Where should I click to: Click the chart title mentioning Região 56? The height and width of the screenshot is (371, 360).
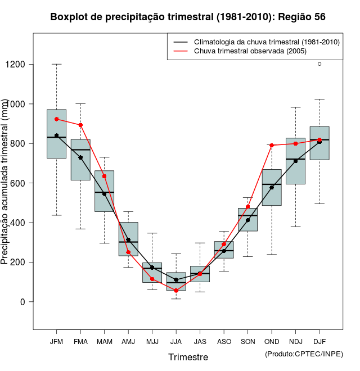(187, 17)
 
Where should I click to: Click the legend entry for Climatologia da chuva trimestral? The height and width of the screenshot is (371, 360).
(266, 42)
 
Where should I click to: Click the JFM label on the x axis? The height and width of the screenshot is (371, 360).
(56, 341)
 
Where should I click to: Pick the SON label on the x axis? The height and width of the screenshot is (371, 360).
(247, 341)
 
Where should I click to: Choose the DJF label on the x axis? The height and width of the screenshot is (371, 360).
(319, 341)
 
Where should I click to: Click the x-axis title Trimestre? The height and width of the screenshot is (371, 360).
(188, 357)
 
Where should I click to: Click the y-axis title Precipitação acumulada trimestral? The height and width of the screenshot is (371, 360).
(6, 183)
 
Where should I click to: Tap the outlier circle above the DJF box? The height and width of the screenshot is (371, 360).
(319, 64)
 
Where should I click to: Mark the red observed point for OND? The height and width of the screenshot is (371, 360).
(272, 145)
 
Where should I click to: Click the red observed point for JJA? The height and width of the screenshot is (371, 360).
(176, 291)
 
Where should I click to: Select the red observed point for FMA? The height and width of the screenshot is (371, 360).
(80, 125)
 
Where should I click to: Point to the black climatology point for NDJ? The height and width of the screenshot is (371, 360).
(295, 161)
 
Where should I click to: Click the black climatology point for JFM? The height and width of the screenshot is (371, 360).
(56, 135)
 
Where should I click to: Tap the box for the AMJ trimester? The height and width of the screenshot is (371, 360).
(128, 239)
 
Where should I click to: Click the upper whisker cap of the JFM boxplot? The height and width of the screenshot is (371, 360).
(56, 64)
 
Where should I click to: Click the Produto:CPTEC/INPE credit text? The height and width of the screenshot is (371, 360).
(304, 354)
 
